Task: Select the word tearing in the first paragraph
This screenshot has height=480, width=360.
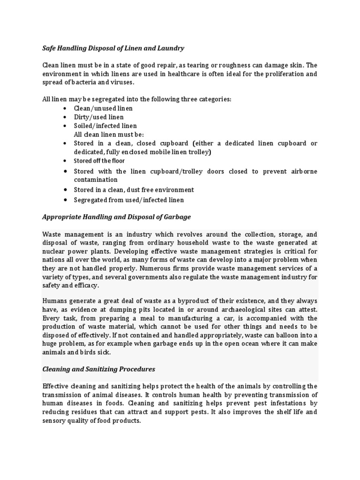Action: pyautogui.click(x=186, y=65)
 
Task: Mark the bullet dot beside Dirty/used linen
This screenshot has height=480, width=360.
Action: pyautogui.click(x=64, y=117)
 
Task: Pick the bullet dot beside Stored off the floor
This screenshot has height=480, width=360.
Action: pyautogui.click(x=64, y=161)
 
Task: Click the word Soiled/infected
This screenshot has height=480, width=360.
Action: pyautogui.click(x=97, y=126)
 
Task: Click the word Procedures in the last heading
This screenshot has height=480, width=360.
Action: pyautogui.click(x=136, y=369)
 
